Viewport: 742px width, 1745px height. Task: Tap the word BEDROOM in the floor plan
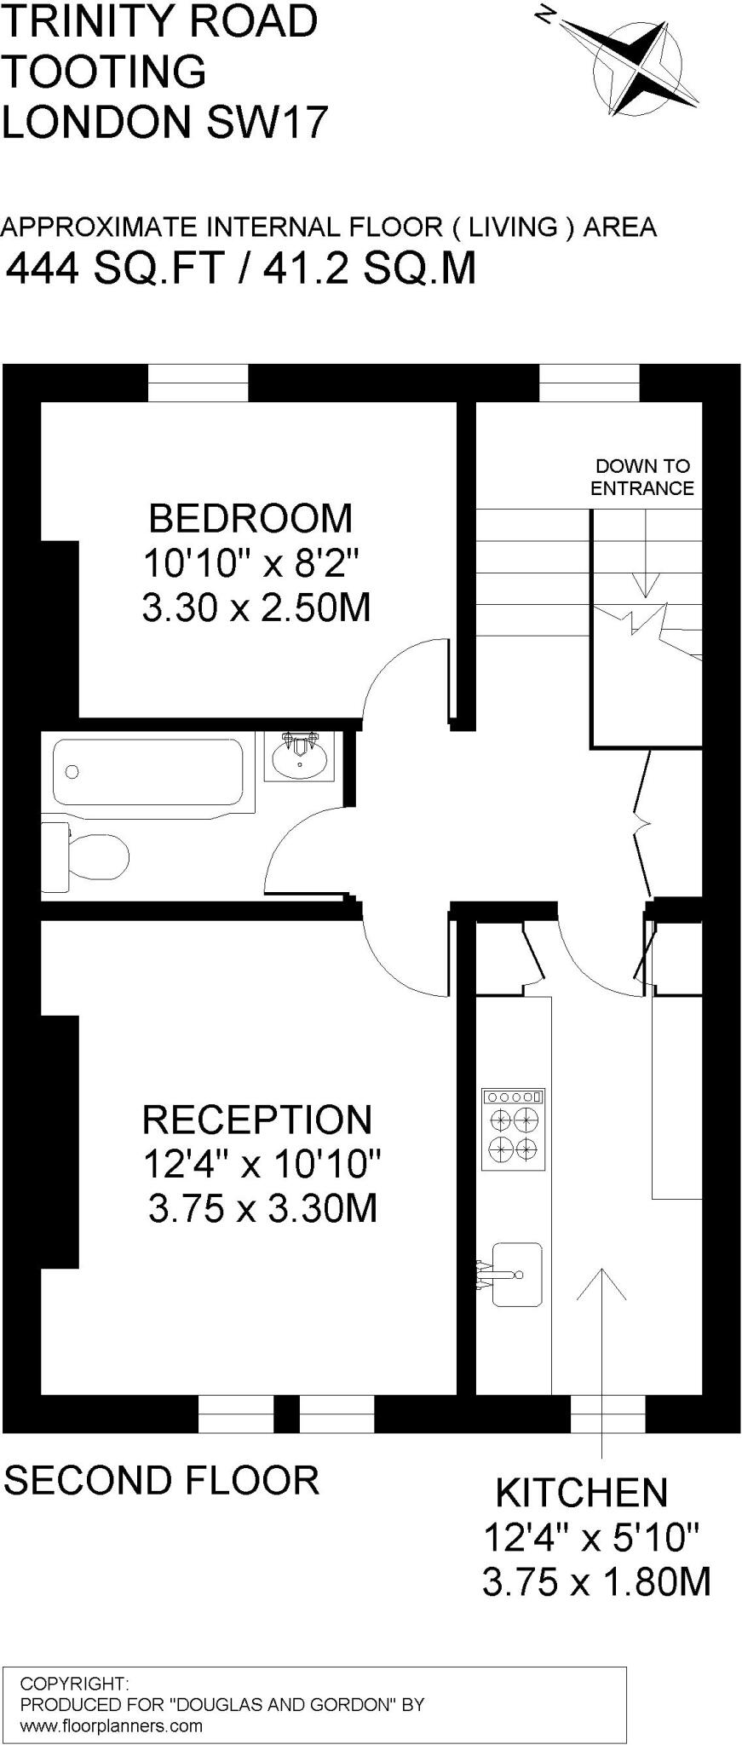click(x=250, y=518)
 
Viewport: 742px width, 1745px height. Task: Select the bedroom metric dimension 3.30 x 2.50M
click(x=256, y=608)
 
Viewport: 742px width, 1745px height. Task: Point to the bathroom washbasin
click(x=299, y=757)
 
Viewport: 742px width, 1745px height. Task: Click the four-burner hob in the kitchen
click(x=513, y=1129)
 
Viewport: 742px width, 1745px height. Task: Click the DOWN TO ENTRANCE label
click(x=642, y=477)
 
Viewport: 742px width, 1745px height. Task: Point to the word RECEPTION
click(x=256, y=1120)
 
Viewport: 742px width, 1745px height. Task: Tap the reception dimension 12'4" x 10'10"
click(x=262, y=1164)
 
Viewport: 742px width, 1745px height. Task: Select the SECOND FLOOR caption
click(x=162, y=1480)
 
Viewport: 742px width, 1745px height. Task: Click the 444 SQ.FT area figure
click(x=115, y=269)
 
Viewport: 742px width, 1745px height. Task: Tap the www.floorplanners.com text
click(x=111, y=1726)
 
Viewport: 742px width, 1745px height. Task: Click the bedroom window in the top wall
click(x=198, y=383)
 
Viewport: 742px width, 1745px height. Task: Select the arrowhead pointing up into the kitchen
click(x=601, y=1282)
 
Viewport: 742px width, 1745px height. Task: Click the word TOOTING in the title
click(x=104, y=72)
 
